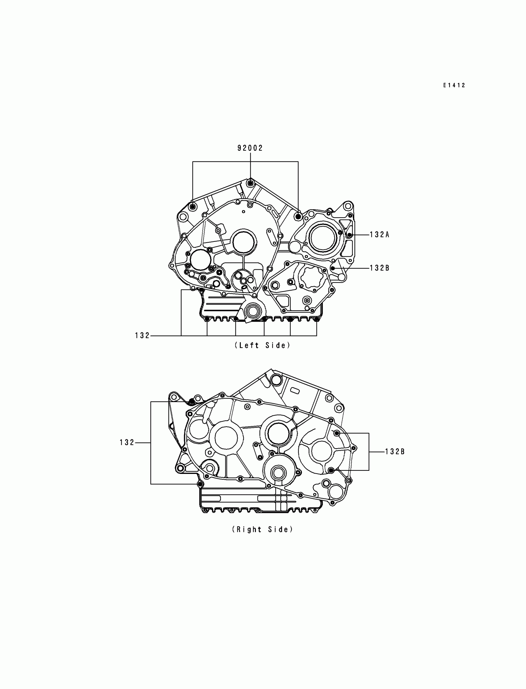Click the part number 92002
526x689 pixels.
(250, 148)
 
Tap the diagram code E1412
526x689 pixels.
(454, 85)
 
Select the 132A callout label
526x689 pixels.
(379, 235)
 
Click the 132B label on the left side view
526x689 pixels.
(379, 268)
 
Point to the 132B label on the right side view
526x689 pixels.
(395, 452)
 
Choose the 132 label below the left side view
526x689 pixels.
(142, 336)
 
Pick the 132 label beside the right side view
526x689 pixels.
(127, 443)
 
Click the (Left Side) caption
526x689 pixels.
(262, 346)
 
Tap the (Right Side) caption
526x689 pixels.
(262, 530)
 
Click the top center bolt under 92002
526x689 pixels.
(250, 183)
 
